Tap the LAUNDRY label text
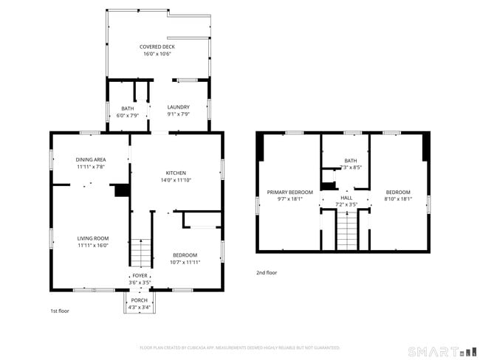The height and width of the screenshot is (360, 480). pyautogui.click(x=178, y=107)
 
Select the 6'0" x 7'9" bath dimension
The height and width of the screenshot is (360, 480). pyautogui.click(x=128, y=115)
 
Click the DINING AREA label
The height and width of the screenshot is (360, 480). pyautogui.click(x=91, y=159)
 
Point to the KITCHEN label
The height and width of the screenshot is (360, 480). pyautogui.click(x=175, y=173)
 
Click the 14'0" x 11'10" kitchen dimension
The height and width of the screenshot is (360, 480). pyautogui.click(x=175, y=180)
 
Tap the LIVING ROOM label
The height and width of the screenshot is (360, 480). pyautogui.click(x=93, y=238)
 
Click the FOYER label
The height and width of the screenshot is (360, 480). pyautogui.click(x=140, y=276)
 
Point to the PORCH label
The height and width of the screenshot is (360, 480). pyautogui.click(x=139, y=300)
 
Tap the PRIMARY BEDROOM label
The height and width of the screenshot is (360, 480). pyautogui.click(x=289, y=192)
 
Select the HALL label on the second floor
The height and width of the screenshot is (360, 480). pyautogui.click(x=346, y=198)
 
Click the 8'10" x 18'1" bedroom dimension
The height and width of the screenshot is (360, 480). pyautogui.click(x=398, y=198)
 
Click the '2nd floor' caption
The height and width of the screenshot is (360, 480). pyautogui.click(x=267, y=272)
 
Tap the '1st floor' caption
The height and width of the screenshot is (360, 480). pyautogui.click(x=60, y=311)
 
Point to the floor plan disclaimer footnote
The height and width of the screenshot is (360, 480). pyautogui.click(x=239, y=347)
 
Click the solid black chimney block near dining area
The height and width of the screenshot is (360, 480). pyautogui.click(x=122, y=190)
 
